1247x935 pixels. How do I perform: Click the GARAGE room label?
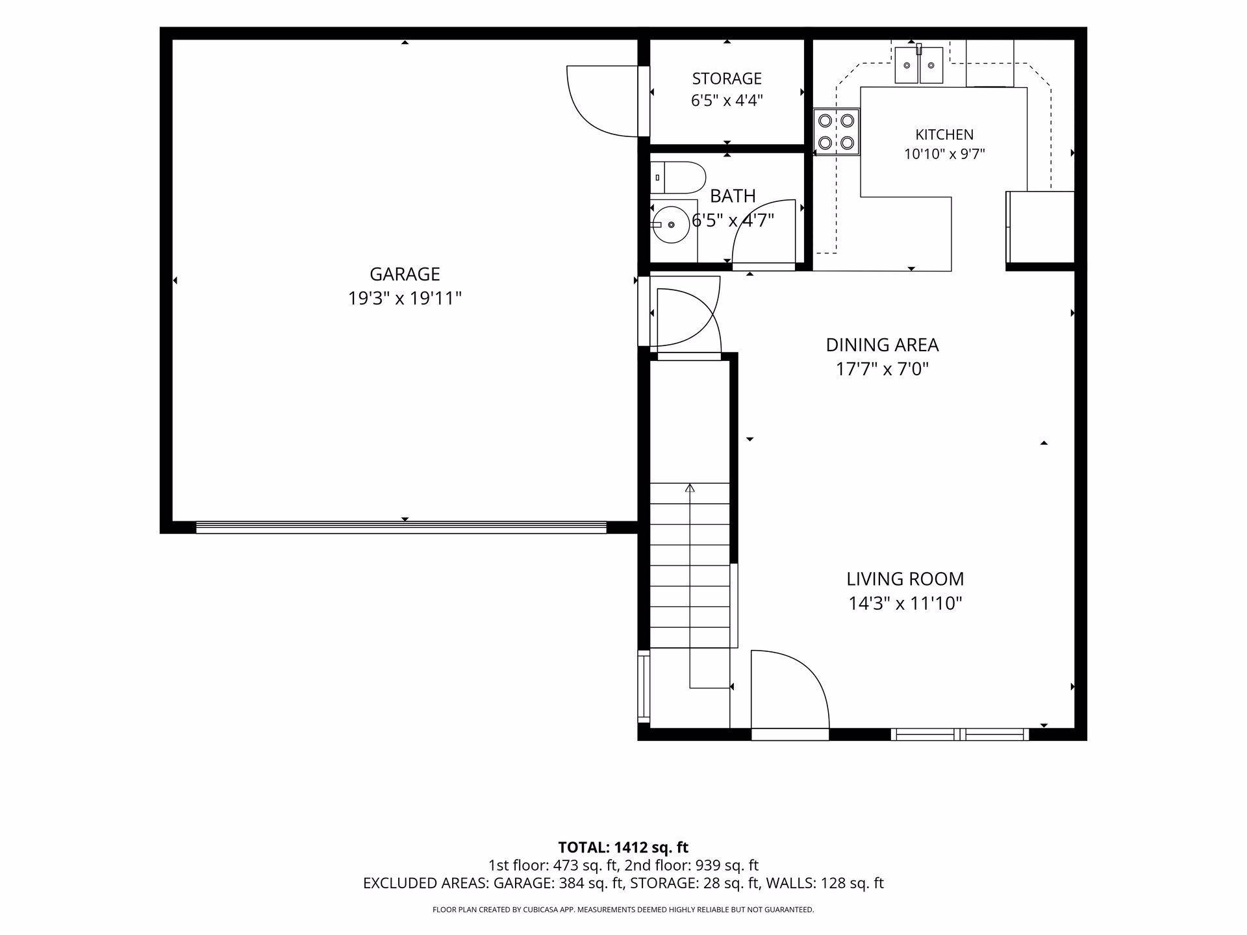405,274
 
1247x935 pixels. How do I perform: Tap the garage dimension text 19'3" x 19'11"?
405,299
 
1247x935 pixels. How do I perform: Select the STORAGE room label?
727,79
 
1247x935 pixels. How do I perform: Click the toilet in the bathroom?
678,177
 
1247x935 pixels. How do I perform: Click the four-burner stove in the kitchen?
837,132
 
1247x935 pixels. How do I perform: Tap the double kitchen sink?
919,65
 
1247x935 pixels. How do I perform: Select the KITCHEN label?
944,134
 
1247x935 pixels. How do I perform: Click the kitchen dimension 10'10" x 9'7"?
944,155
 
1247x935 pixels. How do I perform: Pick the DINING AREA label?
882,345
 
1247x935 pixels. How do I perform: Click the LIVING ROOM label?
905,579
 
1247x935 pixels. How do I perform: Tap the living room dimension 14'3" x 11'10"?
905,604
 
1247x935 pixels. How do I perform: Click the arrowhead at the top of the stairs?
690,488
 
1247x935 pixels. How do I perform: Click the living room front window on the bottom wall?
959,734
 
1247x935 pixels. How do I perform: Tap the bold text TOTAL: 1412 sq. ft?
623,847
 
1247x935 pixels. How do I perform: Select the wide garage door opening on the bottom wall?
401,527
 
